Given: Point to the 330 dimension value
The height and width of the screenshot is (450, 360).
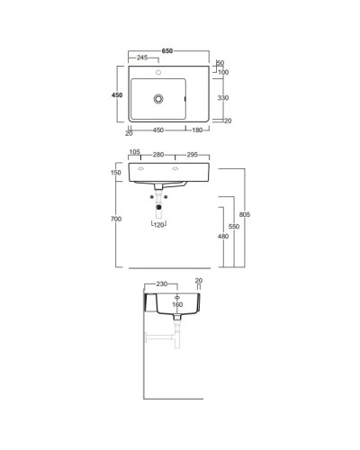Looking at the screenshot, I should pyautogui.click(x=223, y=96).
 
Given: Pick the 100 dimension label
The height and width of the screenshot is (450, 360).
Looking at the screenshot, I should pyautogui.click(x=223, y=73).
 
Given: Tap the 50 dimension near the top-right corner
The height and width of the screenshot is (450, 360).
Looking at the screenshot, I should pyautogui.click(x=220, y=63).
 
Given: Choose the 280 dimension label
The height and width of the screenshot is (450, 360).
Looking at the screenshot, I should pyautogui.click(x=158, y=154).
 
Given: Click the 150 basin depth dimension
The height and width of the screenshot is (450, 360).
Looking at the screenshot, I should pyautogui.click(x=116, y=173).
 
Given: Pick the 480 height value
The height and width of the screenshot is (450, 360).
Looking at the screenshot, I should pyautogui.click(x=223, y=238).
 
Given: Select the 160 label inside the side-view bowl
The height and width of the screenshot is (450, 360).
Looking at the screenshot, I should pyautogui.click(x=176, y=304).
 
